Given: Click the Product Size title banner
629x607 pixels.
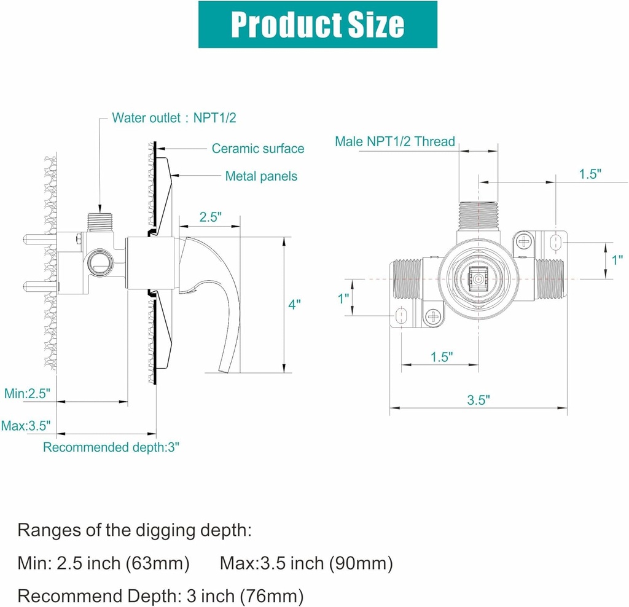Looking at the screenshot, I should [x=317, y=25].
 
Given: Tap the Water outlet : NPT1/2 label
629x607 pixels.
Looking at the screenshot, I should [x=174, y=118].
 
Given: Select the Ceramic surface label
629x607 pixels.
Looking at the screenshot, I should [x=257, y=148].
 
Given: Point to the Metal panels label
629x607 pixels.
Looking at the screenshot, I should [x=261, y=176].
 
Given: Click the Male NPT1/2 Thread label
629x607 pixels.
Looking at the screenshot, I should [x=395, y=141].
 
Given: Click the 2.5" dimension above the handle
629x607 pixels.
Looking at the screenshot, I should [x=209, y=217].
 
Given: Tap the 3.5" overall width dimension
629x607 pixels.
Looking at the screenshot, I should [x=477, y=400].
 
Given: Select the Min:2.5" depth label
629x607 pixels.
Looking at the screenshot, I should [x=27, y=393].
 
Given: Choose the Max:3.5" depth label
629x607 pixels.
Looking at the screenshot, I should [x=26, y=425].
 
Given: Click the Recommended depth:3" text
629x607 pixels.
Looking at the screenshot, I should [x=111, y=447].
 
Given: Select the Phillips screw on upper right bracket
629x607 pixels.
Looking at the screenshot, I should [x=524, y=241].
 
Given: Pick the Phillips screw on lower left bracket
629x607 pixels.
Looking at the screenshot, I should [x=434, y=316].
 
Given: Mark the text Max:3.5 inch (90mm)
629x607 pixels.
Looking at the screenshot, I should [x=306, y=562].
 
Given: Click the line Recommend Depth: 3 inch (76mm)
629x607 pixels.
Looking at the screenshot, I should [x=161, y=595].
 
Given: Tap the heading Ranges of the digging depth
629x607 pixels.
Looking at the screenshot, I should [x=135, y=530].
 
